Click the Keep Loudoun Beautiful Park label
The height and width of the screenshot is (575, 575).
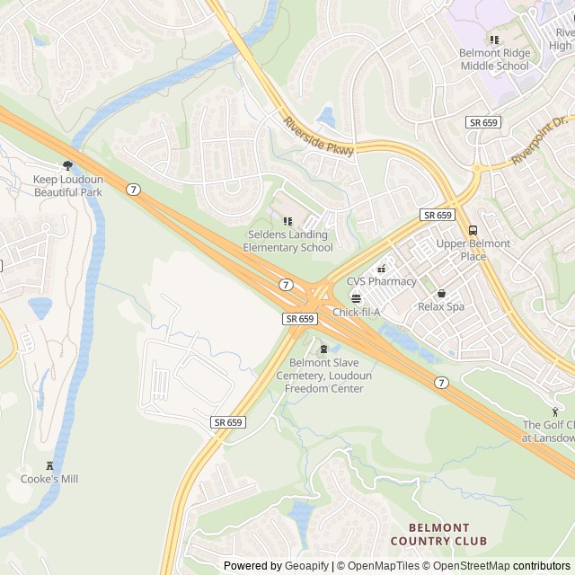click(x=68, y=186)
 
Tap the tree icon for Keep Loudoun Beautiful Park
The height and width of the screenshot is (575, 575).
click(x=67, y=165)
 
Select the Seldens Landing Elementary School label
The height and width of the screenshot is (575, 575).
click(x=289, y=241)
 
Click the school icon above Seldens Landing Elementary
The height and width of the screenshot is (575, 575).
click(x=287, y=221)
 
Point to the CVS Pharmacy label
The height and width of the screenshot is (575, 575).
click(x=381, y=281)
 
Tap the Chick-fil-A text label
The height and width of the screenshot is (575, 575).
click(x=357, y=312)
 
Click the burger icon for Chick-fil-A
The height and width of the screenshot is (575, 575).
click(x=356, y=297)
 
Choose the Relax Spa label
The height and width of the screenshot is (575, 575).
click(x=440, y=306)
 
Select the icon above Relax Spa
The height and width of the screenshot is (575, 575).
click(x=440, y=293)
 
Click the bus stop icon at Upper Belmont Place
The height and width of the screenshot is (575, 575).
click(x=473, y=230)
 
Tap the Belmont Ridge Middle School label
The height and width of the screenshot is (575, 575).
click(x=494, y=59)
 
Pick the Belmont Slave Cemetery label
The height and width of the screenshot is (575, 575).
click(x=324, y=376)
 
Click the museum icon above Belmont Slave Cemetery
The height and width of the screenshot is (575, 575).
click(x=323, y=349)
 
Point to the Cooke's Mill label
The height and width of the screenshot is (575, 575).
click(x=49, y=479)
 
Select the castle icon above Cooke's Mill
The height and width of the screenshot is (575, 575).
click(x=49, y=465)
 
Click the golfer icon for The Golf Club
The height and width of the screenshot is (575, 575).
click(x=554, y=411)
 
